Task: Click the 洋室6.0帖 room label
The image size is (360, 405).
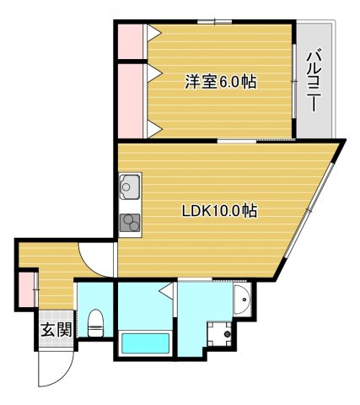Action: [x=221, y=82]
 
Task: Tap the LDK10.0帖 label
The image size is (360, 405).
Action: [x=219, y=211]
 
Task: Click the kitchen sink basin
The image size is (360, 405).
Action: [x=130, y=186]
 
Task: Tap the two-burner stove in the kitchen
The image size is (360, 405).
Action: [x=130, y=223]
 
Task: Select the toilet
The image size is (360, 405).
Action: [x=96, y=323]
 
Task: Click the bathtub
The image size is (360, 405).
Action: [x=145, y=343]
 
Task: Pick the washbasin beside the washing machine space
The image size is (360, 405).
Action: [x=242, y=299]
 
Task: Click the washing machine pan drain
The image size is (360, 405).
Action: [x=227, y=334]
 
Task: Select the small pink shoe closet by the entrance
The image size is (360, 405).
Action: [x=26, y=289]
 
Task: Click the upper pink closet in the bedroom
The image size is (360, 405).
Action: [x=131, y=41]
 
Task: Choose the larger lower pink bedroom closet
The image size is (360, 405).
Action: [x=131, y=101]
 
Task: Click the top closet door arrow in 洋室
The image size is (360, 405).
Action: [x=154, y=33]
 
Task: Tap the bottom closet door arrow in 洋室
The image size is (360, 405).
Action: [x=155, y=129]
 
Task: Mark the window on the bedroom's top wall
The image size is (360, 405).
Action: [x=214, y=21]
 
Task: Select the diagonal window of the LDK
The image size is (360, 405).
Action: [x=309, y=210]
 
